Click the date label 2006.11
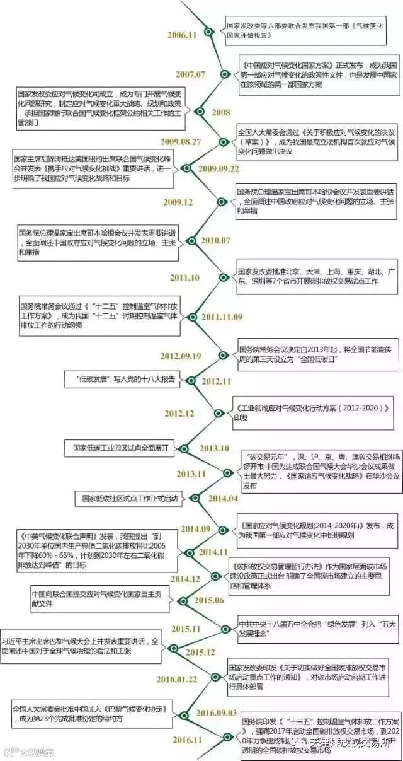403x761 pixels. click(182, 35)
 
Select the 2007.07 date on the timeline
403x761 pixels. click(190, 74)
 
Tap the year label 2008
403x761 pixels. click(221, 112)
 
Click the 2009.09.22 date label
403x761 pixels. click(219, 169)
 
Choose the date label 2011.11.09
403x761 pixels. click(222, 317)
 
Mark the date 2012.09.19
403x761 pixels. click(180, 356)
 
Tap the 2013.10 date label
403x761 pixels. click(214, 448)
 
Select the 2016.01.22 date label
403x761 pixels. click(177, 679)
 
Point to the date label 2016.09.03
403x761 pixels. click(216, 712)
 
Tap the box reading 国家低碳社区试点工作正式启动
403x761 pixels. click(128, 499)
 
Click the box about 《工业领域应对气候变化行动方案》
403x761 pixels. click(313, 413)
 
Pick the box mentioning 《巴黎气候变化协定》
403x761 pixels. click(91, 713)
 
